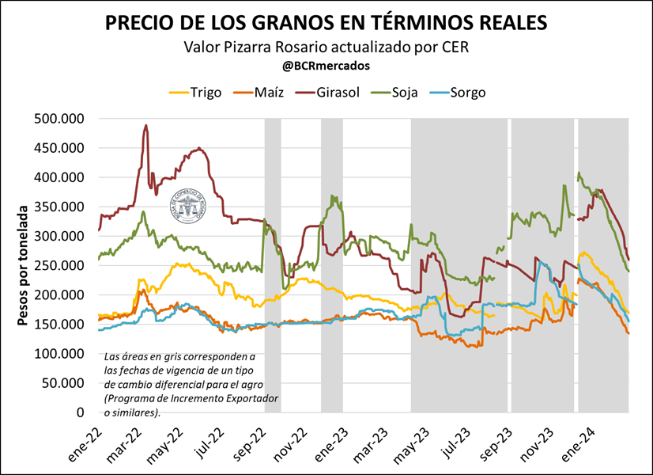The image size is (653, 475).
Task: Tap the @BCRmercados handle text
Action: tap(326, 66)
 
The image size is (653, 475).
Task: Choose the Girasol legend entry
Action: tap(330, 92)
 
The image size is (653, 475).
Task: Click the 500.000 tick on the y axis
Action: tap(60, 119)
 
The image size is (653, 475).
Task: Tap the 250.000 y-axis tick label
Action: tap(60, 266)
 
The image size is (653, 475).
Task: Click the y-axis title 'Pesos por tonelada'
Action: tap(23, 266)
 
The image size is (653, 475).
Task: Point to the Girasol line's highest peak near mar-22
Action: tap(146, 125)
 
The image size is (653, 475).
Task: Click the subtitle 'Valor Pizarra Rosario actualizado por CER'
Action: tap(326, 47)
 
